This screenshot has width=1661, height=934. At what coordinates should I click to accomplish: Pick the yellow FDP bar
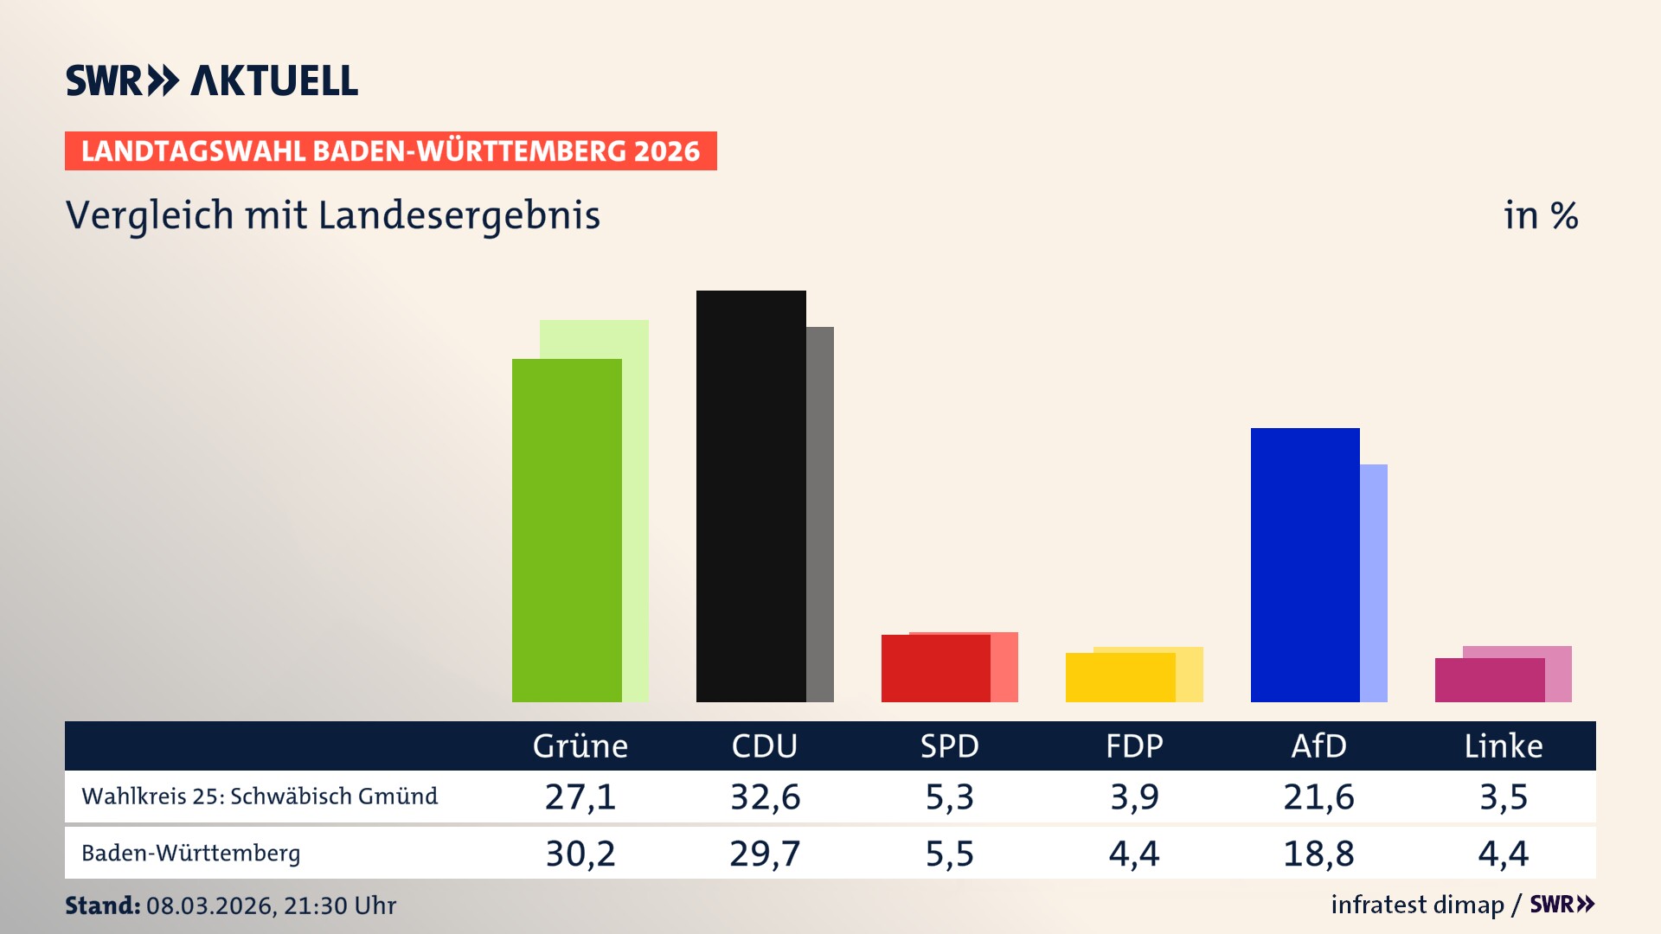click(x=1120, y=677)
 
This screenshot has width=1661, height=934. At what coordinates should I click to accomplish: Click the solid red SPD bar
click(x=935, y=668)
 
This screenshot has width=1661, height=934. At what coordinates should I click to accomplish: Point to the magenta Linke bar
click(x=1489, y=680)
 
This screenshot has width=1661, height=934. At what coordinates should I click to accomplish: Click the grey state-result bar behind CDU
click(x=820, y=514)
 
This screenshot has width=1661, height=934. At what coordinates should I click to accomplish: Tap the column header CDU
click(x=764, y=745)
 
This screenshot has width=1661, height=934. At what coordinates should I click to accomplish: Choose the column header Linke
click(x=1503, y=745)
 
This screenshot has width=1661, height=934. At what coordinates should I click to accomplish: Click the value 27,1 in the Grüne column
click(x=580, y=796)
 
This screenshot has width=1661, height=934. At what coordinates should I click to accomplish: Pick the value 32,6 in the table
click(x=765, y=796)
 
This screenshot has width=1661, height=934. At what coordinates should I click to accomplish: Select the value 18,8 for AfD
click(x=1318, y=854)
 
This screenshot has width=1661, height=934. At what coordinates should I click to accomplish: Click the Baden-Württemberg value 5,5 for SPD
click(x=949, y=854)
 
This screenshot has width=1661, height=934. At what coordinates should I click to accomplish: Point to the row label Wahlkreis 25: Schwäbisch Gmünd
click(x=260, y=796)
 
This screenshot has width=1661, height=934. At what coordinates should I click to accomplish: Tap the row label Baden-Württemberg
click(x=191, y=853)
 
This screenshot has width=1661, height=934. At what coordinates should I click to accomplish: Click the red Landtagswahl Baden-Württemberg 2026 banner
click(x=390, y=150)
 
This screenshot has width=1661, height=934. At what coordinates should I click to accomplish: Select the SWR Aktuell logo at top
click(x=212, y=80)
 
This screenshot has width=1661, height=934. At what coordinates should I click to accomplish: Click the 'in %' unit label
click(x=1540, y=215)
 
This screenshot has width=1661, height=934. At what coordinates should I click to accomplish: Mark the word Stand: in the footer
click(x=102, y=905)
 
